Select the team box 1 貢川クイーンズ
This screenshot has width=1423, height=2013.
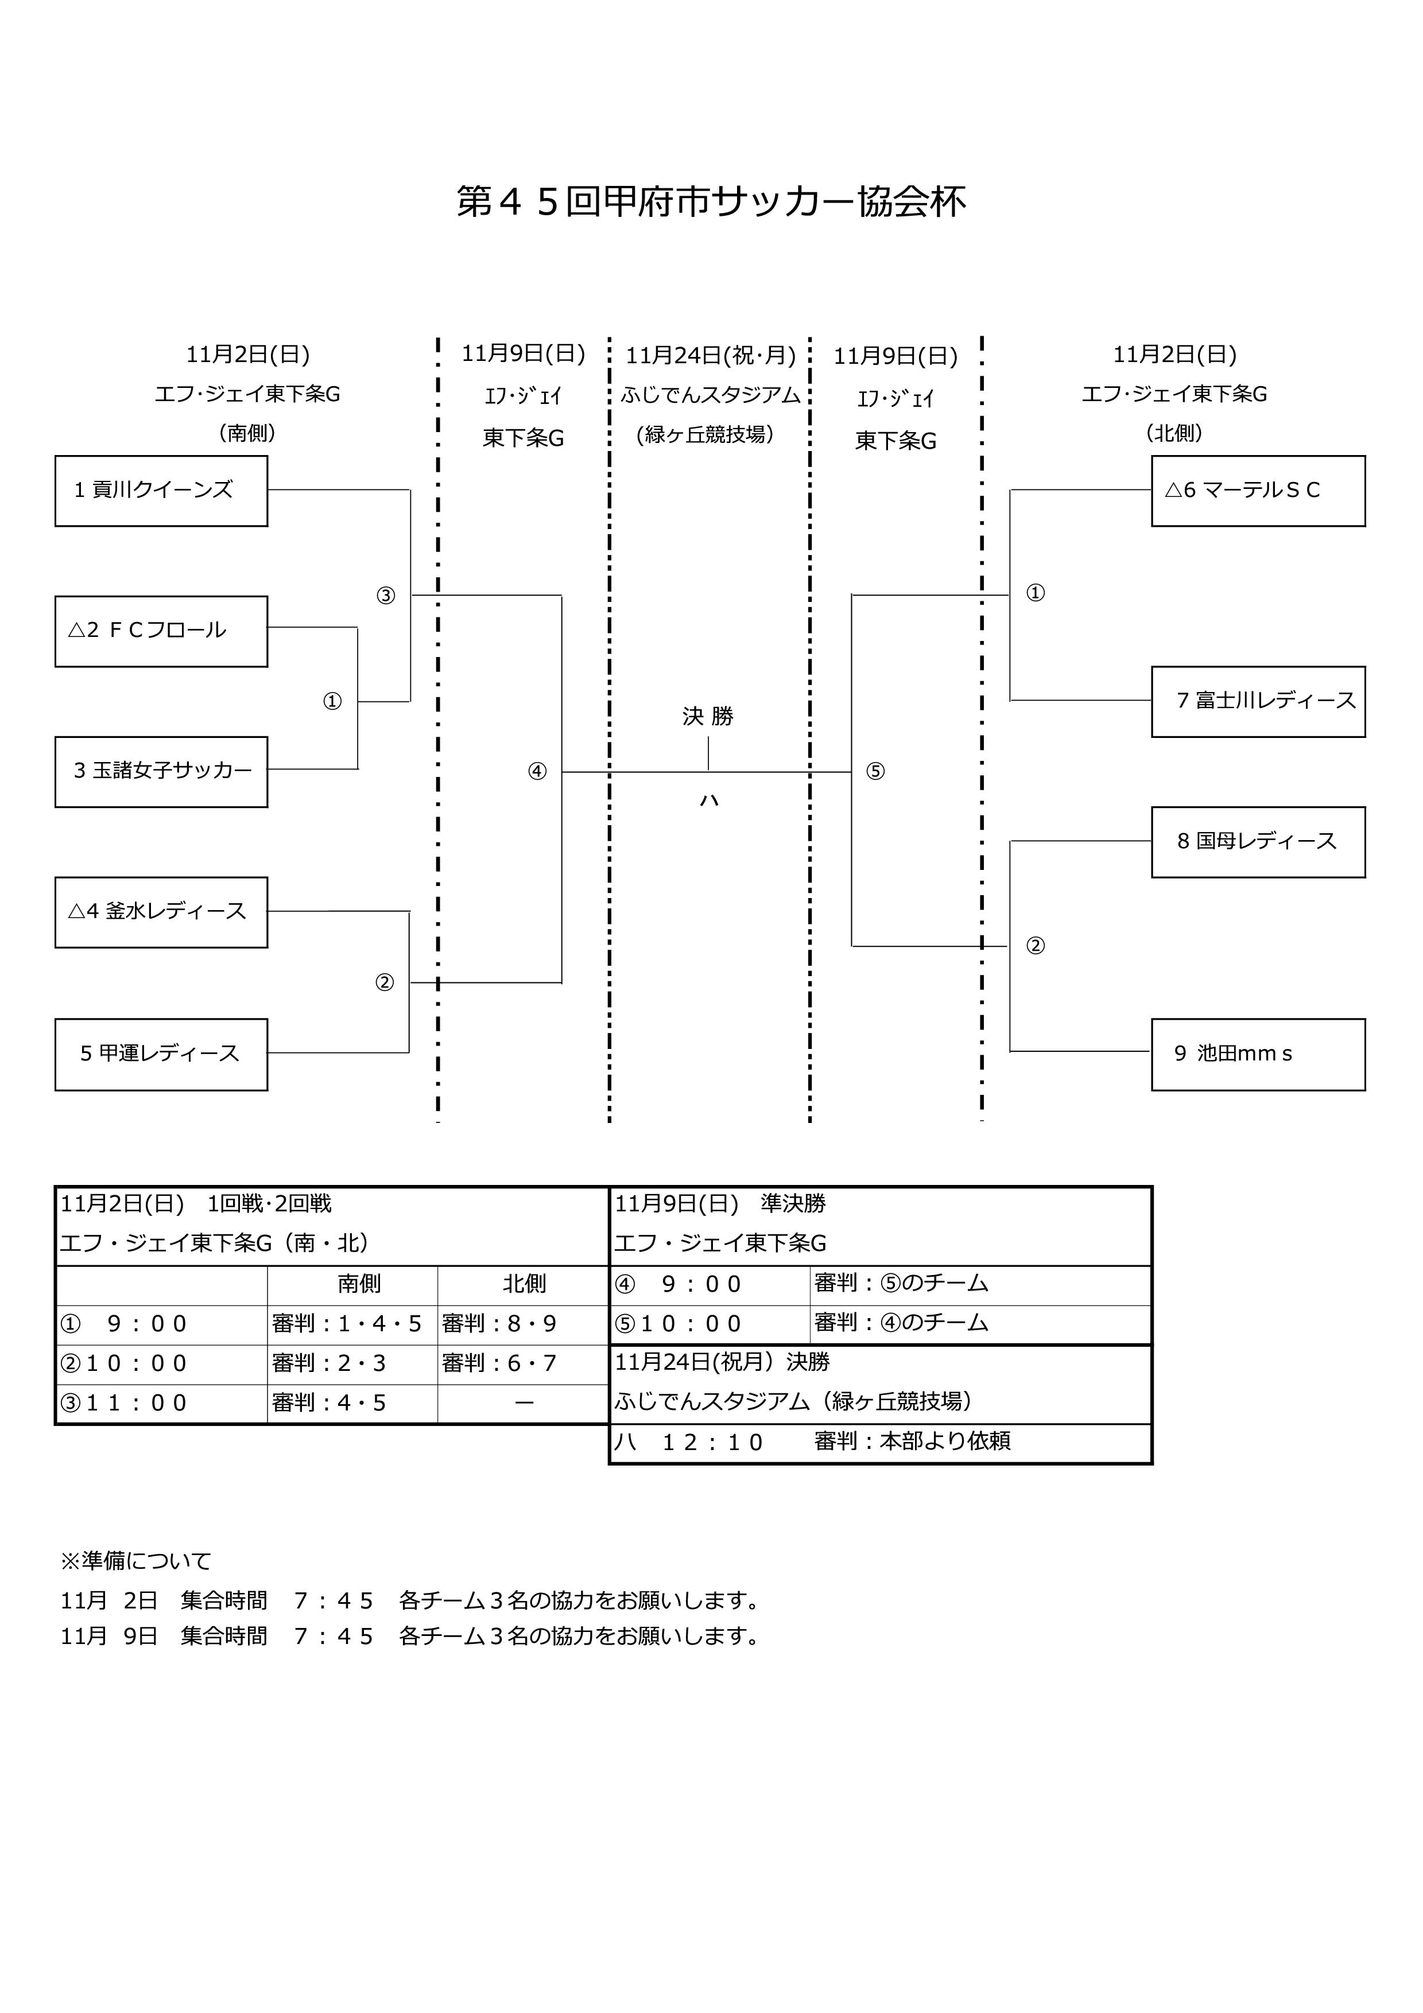point(161,491)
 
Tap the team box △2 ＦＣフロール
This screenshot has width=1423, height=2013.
point(161,631)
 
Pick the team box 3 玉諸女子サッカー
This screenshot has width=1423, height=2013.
point(161,772)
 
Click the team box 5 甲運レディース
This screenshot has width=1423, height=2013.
point(161,1054)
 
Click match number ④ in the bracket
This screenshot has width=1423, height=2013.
point(537,772)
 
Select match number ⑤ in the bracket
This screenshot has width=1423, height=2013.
point(875,772)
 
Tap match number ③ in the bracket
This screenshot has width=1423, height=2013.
point(386,596)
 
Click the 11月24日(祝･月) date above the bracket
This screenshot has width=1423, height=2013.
point(710,356)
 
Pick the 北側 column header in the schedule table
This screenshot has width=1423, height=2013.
point(524,1284)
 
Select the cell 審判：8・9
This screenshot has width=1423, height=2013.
point(500,1324)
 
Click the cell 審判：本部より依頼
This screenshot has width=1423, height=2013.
point(912,1441)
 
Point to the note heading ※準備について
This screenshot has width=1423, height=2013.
point(136,1561)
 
